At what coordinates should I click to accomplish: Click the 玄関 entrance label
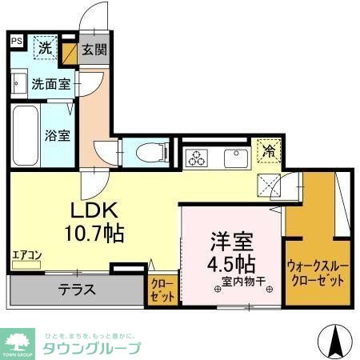pos(94,50)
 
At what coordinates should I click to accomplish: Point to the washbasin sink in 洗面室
pos(19,82)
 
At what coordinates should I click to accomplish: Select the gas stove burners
pos(197,158)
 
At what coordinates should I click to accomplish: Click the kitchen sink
pos(236,158)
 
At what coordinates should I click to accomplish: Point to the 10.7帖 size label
pos(94,234)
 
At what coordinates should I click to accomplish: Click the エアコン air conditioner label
pos(26,256)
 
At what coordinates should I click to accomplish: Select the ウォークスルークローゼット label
pos(316,274)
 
